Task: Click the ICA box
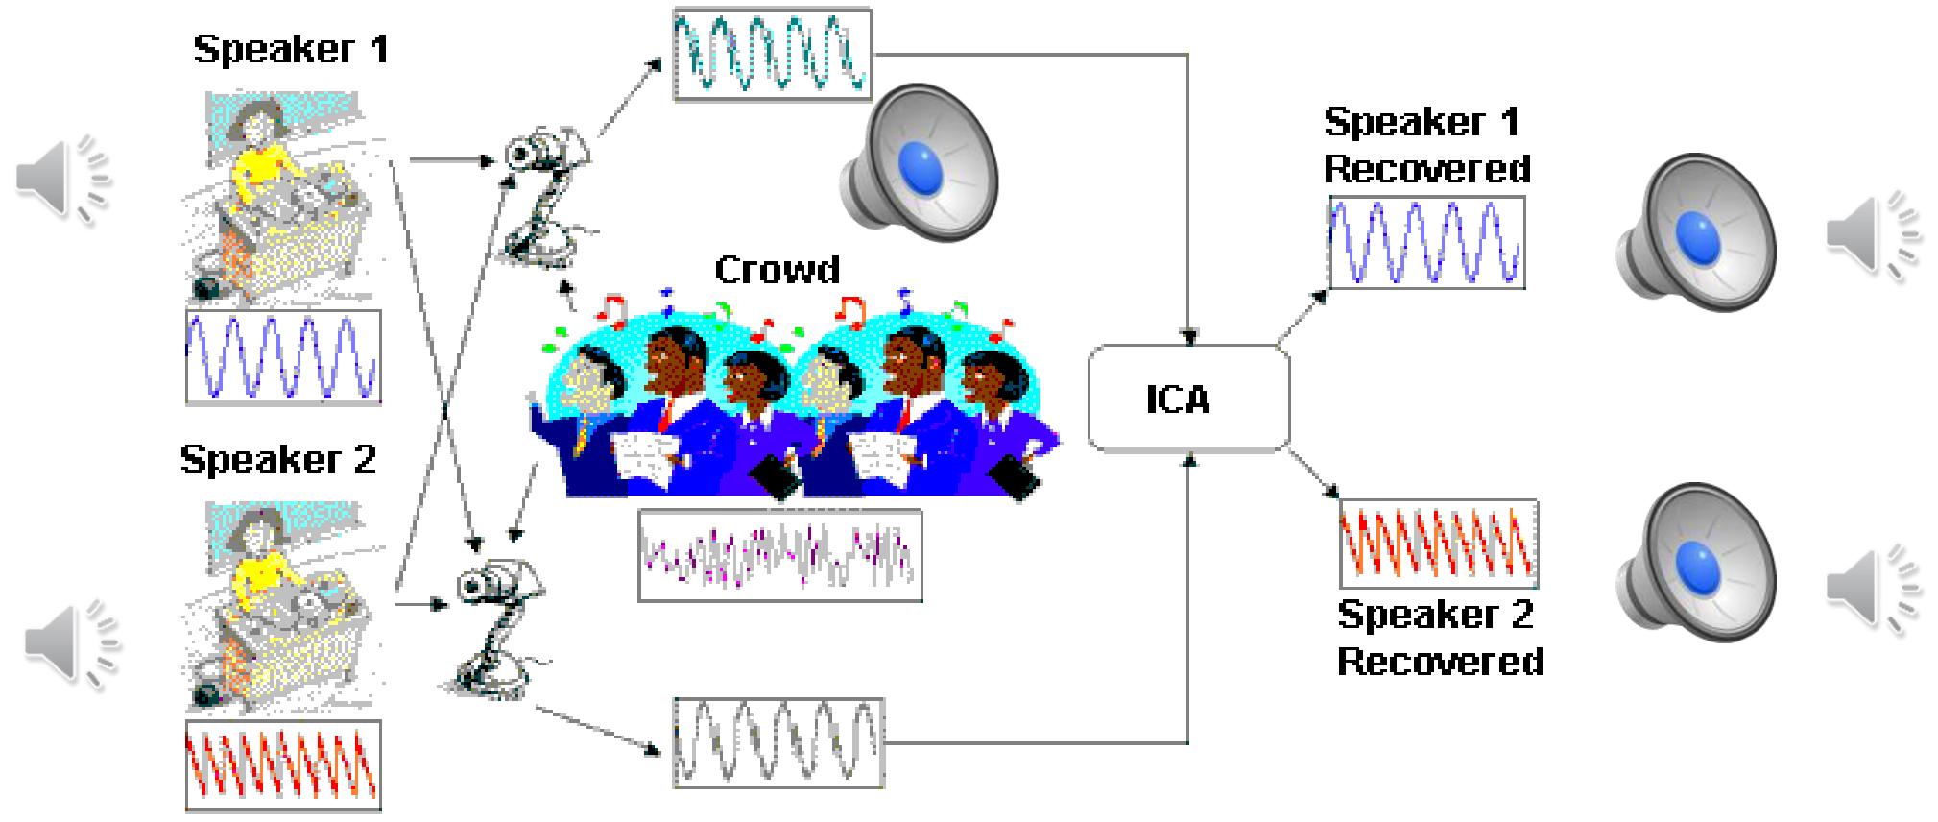tap(1187, 399)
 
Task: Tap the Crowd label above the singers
tap(777, 270)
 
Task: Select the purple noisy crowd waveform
tap(780, 556)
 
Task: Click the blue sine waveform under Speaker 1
tap(283, 356)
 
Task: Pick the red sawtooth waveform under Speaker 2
tap(283, 765)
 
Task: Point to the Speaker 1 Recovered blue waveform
tap(1426, 243)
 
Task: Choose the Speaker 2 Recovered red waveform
tap(1438, 544)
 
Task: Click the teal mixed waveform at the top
tap(772, 55)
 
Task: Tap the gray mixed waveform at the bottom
tap(778, 742)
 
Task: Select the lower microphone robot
tap(498, 624)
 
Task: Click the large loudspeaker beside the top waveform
tap(920, 158)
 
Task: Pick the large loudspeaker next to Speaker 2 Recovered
tap(1695, 562)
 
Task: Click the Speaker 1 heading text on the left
tap(291, 49)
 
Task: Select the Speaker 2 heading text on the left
tap(278, 460)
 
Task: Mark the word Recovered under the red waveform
tap(1440, 662)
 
